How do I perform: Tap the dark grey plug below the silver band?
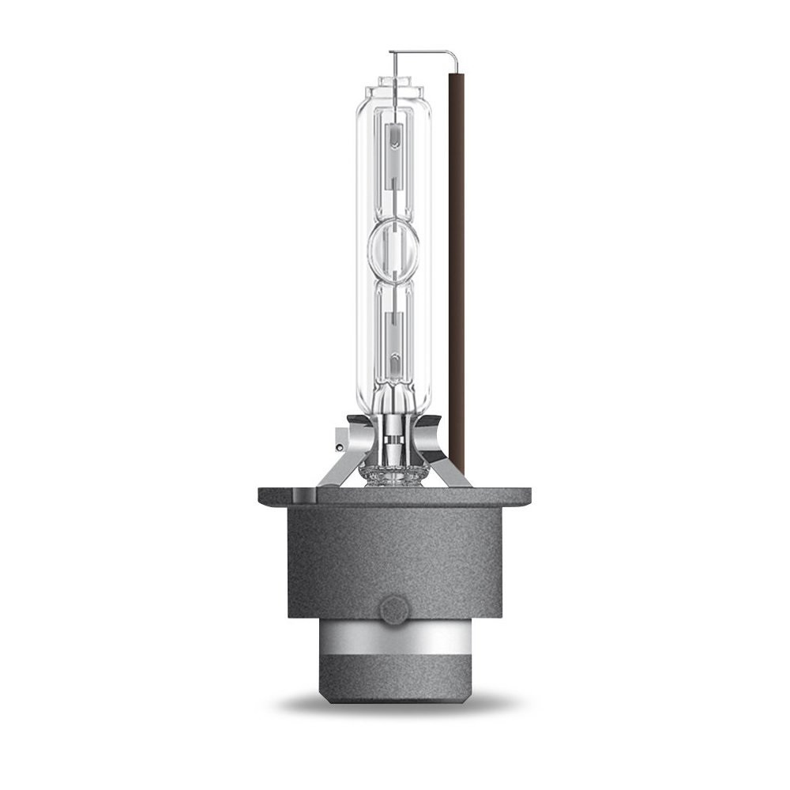pyautogui.click(x=393, y=679)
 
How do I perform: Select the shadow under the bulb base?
pyautogui.click(x=393, y=703)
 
